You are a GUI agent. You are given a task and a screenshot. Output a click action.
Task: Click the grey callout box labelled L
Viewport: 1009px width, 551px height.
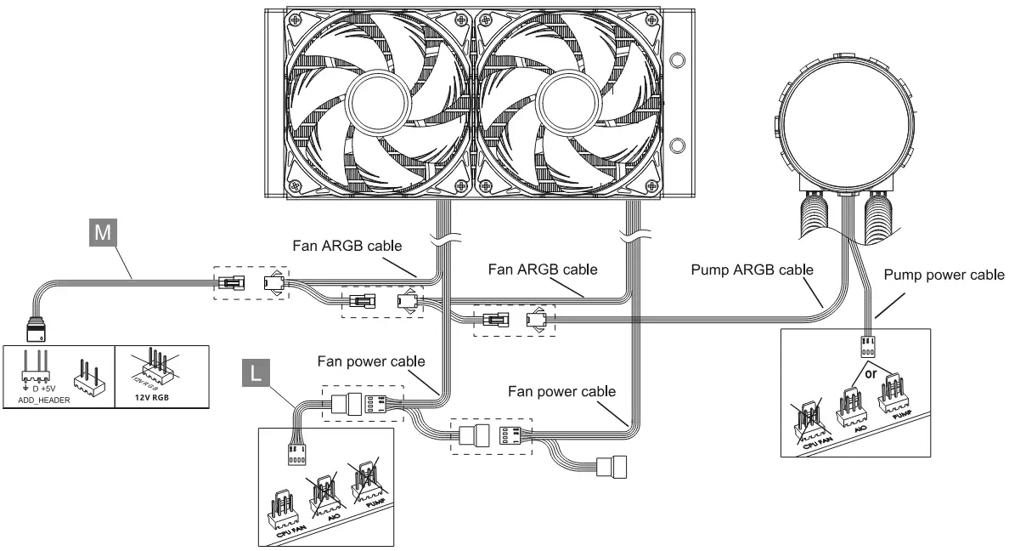click(256, 372)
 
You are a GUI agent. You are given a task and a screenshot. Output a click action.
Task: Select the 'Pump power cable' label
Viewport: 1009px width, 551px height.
click(944, 275)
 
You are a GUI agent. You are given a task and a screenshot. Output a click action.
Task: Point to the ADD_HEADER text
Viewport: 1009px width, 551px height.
click(38, 399)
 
